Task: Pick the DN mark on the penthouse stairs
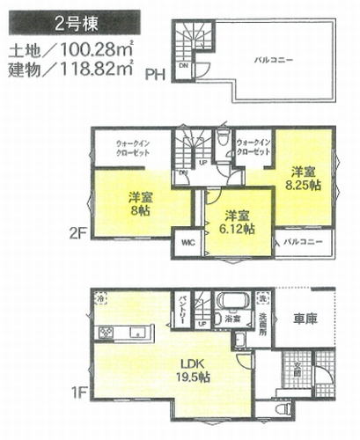tap(184, 65)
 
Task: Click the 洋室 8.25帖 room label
tap(302, 179)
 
